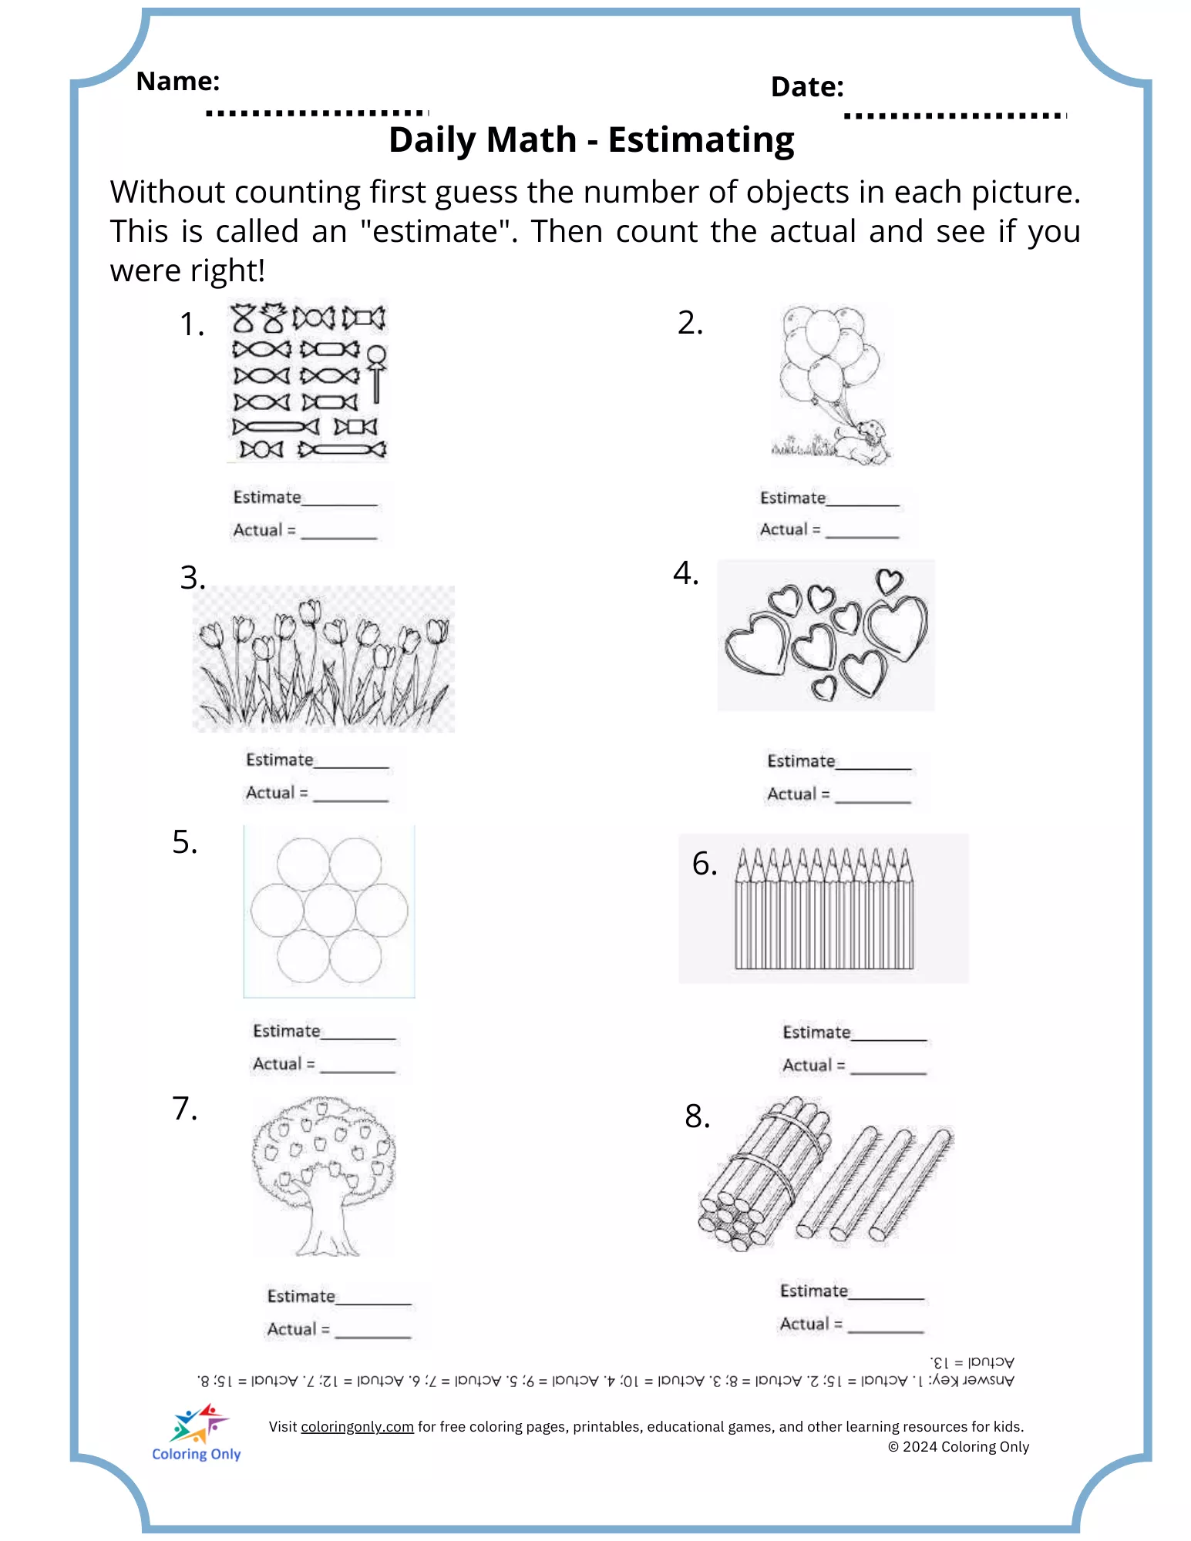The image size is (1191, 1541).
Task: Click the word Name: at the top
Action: click(x=177, y=81)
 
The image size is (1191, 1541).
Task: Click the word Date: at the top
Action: click(x=806, y=87)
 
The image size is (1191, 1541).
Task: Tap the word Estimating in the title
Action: click(x=701, y=140)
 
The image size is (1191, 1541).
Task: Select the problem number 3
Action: click(x=192, y=577)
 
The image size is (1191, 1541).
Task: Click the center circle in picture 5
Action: click(x=329, y=912)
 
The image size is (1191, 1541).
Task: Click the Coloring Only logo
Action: click(x=197, y=1433)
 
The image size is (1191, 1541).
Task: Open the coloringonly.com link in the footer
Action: click(x=357, y=1427)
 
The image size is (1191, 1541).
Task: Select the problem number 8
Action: click(x=697, y=1116)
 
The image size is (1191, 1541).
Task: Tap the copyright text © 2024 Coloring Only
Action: click(x=958, y=1447)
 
